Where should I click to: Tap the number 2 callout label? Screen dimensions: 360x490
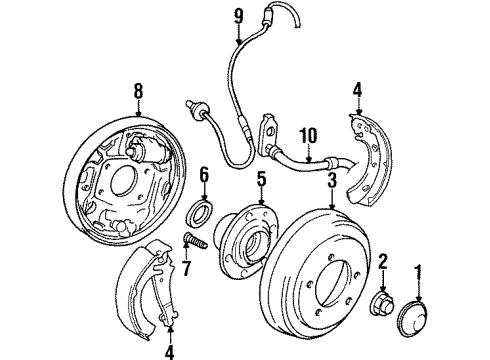tap(382, 262)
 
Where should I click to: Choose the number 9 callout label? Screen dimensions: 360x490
tap(238, 16)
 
